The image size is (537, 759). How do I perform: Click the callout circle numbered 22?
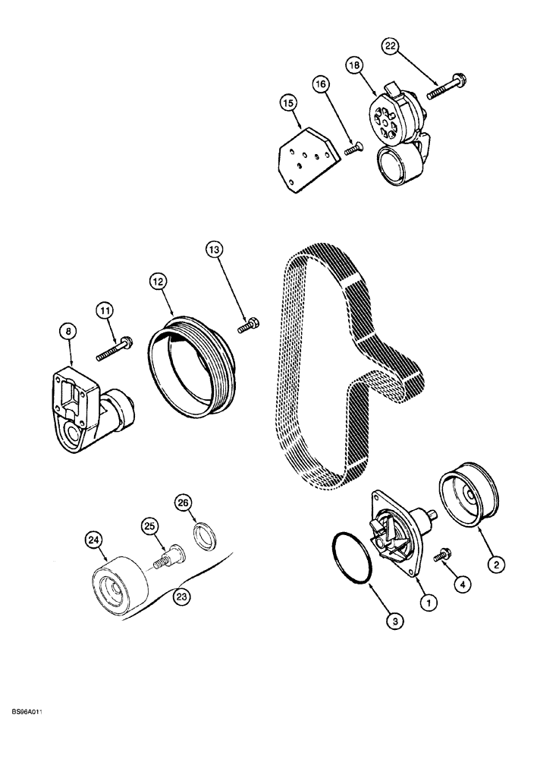coord(390,48)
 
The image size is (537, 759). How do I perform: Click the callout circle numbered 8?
coord(69,330)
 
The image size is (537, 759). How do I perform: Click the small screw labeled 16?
coord(353,150)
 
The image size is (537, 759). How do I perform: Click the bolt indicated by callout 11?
coord(113,348)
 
